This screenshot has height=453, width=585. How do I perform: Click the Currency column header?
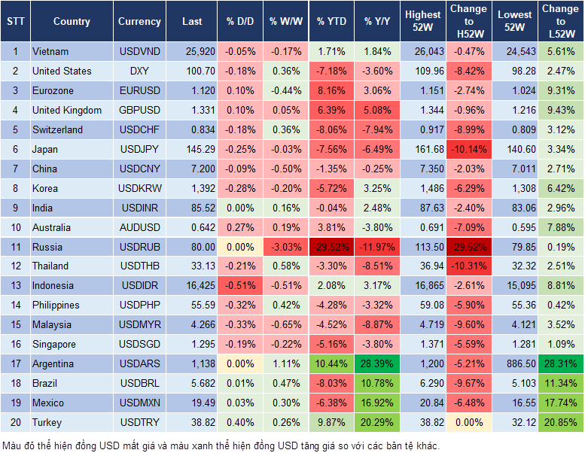[139, 22]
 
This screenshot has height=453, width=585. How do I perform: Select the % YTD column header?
[331, 22]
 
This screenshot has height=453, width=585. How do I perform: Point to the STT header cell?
[14, 22]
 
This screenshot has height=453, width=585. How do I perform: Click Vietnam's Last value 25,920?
[192, 52]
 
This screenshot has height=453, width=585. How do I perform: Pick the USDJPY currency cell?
[139, 149]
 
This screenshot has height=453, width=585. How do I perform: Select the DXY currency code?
[139, 71]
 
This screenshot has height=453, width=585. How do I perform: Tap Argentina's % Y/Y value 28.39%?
[378, 364]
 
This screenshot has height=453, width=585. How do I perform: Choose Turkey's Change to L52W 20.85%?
[560, 423]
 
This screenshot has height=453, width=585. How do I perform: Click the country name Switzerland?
[58, 129]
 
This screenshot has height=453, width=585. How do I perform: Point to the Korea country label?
[45, 188]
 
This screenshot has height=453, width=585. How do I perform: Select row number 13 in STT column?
[14, 286]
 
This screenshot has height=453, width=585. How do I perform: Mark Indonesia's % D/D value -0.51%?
[240, 286]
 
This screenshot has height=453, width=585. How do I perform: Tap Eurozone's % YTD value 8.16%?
[331, 91]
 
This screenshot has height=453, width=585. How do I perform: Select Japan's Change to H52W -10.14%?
[469, 149]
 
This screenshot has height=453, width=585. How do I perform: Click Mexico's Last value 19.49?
[192, 403]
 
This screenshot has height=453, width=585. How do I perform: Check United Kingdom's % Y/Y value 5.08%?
[378, 111]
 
